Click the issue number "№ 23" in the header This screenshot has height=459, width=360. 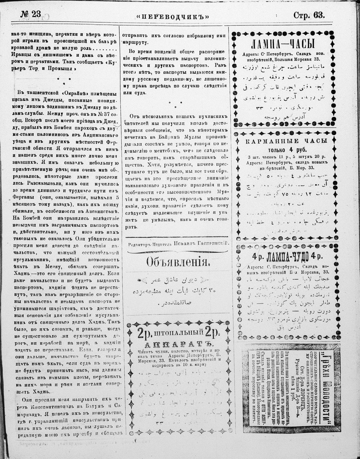click(31, 14)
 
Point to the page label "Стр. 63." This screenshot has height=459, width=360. click(309, 15)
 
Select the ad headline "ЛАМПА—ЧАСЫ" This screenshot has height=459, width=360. click(283, 45)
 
